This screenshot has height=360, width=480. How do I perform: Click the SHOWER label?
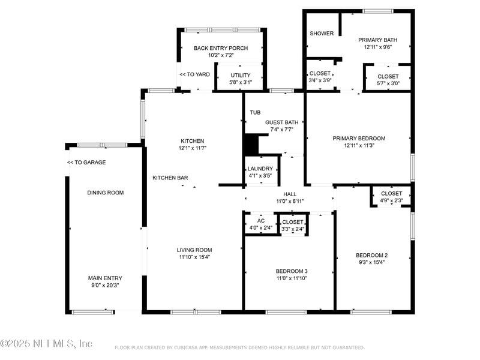click(322, 34)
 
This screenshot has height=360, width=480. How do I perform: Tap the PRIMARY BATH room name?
click(378, 40)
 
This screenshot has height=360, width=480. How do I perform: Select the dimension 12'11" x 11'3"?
click(359, 145)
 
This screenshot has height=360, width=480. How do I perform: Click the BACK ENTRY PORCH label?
click(221, 48)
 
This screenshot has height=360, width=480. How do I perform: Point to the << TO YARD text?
click(194, 74)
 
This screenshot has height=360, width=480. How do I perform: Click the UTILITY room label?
click(241, 76)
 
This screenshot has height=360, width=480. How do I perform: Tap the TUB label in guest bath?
click(255, 113)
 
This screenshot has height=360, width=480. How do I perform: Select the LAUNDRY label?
click(260, 169)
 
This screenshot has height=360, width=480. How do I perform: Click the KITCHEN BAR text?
click(170, 178)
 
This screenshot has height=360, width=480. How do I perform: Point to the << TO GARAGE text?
click(86, 163)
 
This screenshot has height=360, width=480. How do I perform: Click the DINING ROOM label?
click(106, 193)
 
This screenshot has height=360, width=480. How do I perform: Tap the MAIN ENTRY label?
click(105, 278)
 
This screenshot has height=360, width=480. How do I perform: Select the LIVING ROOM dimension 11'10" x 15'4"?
click(194, 257)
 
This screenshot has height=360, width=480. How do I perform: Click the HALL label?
click(290, 194)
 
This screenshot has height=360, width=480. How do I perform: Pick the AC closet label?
click(261, 221)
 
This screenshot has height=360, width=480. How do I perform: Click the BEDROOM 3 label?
click(292, 271)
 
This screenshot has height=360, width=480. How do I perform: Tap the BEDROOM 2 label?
click(371, 256)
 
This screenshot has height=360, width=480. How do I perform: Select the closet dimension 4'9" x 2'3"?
click(392, 200)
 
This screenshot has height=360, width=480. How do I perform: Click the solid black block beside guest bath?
click(251, 145)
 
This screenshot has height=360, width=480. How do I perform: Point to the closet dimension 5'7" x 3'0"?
click(388, 83)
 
